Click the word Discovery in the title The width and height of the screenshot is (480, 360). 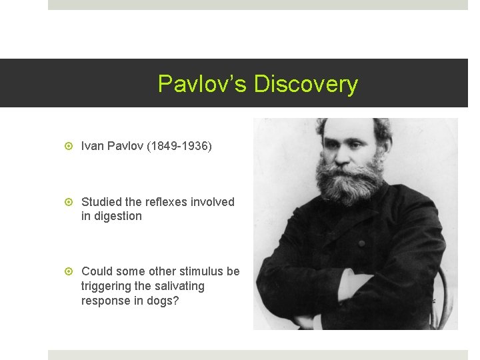pos(306,84)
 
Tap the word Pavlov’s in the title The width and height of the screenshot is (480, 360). pos(203,84)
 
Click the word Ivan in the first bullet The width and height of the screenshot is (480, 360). pos(91,145)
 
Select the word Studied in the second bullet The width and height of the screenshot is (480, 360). pos(101,201)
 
